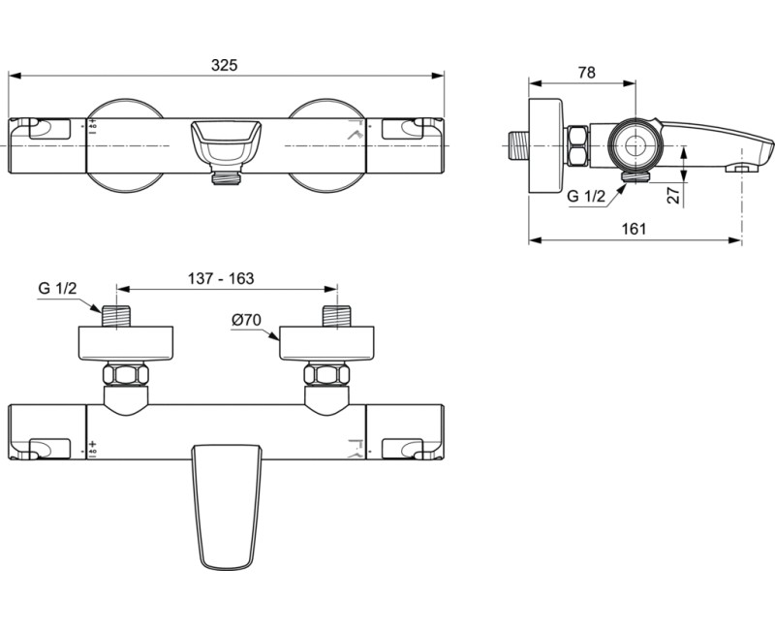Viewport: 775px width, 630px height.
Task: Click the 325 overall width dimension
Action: tap(225, 65)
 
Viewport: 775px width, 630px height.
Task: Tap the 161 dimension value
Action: tap(632, 229)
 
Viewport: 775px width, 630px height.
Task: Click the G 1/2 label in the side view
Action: tap(585, 196)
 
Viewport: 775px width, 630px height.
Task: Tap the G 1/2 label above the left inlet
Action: tap(57, 289)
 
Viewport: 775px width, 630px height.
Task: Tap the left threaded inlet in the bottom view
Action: tap(116, 317)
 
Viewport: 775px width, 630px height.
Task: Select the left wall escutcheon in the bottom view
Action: tap(126, 344)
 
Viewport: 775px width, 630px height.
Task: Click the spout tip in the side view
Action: tap(760, 154)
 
